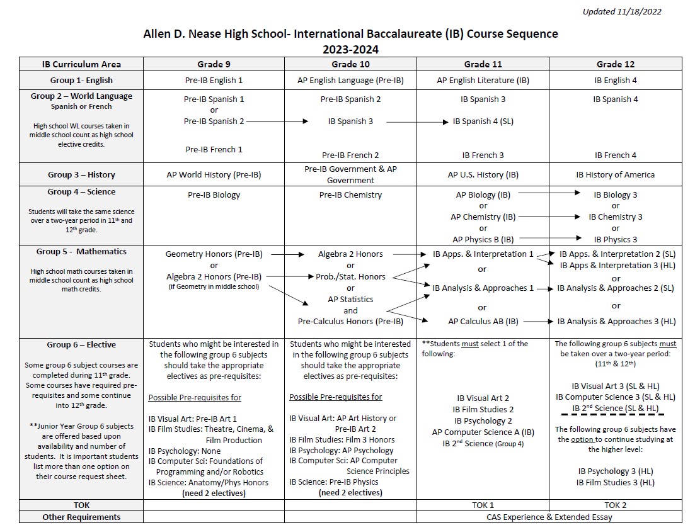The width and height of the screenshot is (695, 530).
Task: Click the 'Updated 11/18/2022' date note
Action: pos(621,11)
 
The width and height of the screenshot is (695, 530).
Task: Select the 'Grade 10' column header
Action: pos(350,64)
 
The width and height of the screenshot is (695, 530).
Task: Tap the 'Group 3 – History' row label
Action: pos(81,174)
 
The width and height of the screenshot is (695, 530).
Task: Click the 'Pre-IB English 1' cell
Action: pos(213,80)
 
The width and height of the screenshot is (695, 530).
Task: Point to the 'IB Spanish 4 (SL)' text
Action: pos(483,121)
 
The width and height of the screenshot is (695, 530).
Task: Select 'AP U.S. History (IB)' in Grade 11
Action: pos(483,174)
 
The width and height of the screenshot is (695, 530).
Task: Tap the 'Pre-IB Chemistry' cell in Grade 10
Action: pos(350,195)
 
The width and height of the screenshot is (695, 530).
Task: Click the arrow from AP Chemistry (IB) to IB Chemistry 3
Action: pos(549,217)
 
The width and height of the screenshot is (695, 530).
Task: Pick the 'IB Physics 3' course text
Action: pos(615,239)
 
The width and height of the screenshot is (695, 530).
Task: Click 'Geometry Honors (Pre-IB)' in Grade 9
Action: pos(214,254)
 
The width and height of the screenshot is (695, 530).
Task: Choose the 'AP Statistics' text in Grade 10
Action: pos(350,299)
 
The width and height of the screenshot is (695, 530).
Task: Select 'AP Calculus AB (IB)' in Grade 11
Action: pos(483,321)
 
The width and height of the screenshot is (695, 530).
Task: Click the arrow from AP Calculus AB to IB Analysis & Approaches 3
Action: pos(538,321)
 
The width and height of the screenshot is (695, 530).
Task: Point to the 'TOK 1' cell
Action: pos(483,505)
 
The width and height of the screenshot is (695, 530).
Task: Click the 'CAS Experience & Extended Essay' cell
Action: pos(549,517)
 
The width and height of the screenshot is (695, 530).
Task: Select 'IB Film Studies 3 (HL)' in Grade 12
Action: pos(615,483)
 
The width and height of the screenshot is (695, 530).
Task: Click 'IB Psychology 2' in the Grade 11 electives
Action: pos(483,420)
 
